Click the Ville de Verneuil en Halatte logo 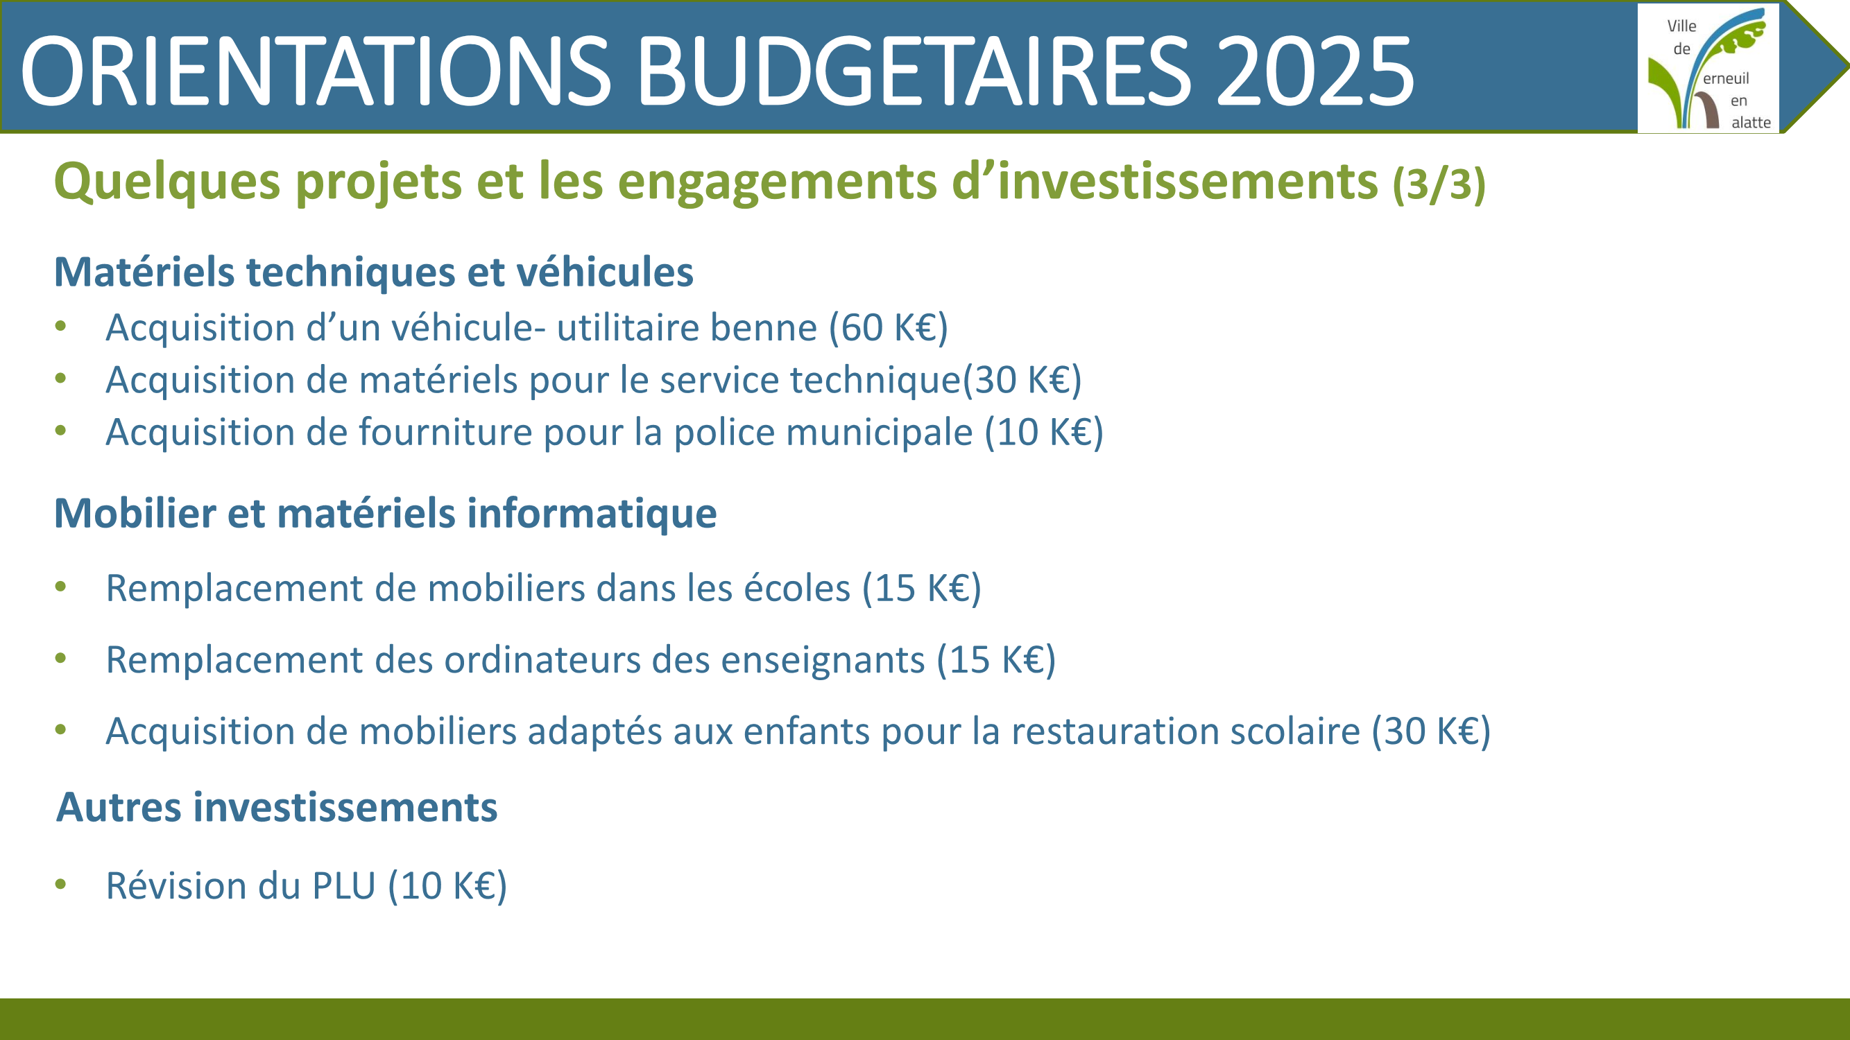(x=1708, y=68)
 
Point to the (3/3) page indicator (x=1439, y=184)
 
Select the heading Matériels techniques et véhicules (x=373, y=272)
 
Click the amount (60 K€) (x=889, y=328)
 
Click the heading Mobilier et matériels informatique (x=386, y=514)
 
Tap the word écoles (x=796, y=588)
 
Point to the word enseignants (x=823, y=661)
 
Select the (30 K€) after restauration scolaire (x=1431, y=732)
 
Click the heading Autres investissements (x=277, y=808)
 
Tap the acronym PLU (x=344, y=885)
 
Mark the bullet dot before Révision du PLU (x=61, y=884)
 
